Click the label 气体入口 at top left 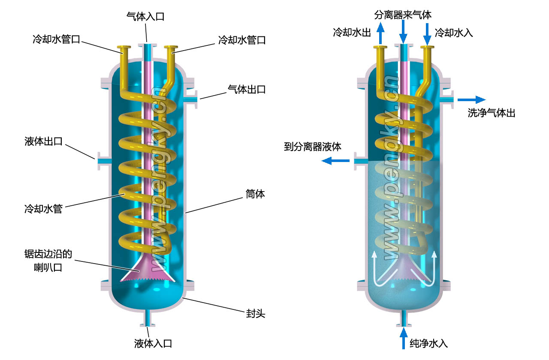coord(145,16)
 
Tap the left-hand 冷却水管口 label coord(56,40)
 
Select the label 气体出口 coord(246,90)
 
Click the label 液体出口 coord(44,141)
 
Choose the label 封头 coord(256,314)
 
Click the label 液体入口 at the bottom coord(153,343)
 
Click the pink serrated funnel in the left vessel coord(148,272)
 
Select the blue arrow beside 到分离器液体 coord(336,161)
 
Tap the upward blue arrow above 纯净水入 coord(403,339)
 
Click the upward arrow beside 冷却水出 coord(380,33)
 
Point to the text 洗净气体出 coord(491,113)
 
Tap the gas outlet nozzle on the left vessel coord(193,99)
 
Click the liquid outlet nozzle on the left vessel coord(103,161)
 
